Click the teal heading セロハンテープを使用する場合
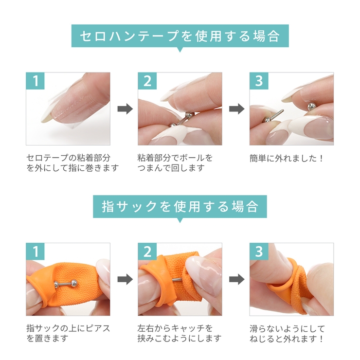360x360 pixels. pos(180,36)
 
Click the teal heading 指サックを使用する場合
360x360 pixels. pos(180,206)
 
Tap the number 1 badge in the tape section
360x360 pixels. pos(35,81)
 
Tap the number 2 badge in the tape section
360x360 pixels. pos(147,81)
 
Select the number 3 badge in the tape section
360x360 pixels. pos(259,81)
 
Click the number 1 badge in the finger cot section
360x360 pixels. pos(35,252)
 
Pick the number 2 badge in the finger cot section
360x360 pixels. pos(147,252)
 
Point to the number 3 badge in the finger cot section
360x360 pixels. pos(259,252)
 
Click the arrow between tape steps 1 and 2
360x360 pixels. pos(125,109)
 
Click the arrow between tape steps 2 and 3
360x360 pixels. pos(236,109)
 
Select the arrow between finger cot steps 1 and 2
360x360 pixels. pos(125,279)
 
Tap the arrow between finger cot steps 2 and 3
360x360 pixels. pos(236,279)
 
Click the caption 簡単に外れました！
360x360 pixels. pos(287,158)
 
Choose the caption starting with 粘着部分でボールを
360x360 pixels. pos(176,163)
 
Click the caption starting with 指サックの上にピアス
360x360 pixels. pos(68,333)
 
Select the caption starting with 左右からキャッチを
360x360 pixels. pos(180,333)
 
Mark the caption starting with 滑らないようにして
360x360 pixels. pos(287,333)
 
